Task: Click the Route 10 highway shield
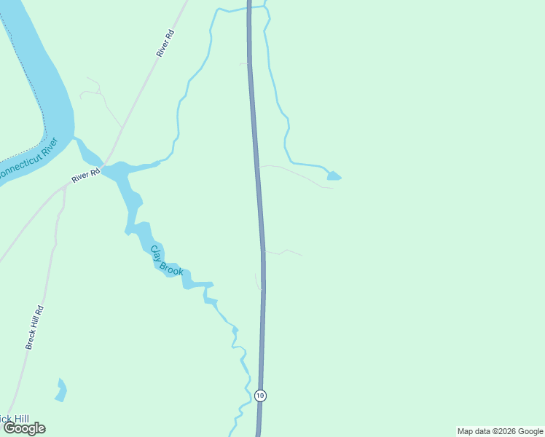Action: tap(261, 395)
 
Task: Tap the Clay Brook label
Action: tap(166, 261)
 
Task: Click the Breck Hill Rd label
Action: tap(35, 326)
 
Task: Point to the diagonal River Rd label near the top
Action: tap(165, 43)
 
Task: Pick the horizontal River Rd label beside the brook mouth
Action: tap(85, 177)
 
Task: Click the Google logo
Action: tap(24, 428)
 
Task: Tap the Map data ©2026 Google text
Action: tap(500, 431)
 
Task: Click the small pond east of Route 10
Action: tap(334, 176)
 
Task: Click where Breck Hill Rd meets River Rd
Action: tap(65, 186)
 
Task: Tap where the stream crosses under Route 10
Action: tap(249, 9)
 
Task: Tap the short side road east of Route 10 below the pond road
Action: tap(284, 252)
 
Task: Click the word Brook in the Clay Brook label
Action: tap(172, 267)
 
